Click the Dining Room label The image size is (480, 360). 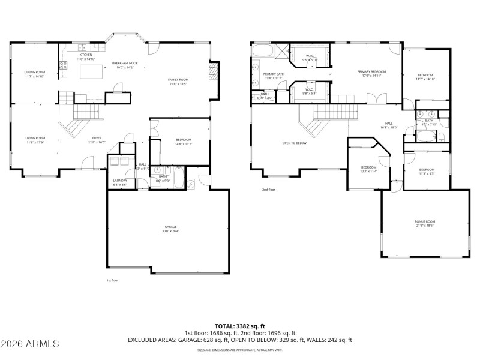click(x=35, y=74)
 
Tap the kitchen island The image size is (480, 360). click(x=91, y=71)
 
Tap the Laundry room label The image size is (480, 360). click(x=119, y=182)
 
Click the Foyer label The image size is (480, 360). click(x=97, y=140)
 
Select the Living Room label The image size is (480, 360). click(x=35, y=140)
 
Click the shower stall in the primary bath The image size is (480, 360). click(x=280, y=51)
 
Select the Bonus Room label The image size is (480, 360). click(x=424, y=223)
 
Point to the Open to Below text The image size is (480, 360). click(x=295, y=143)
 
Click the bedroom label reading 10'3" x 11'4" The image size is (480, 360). click(x=368, y=169)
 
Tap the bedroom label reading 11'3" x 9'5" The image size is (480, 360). click(x=427, y=171)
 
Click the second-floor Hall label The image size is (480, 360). click(x=388, y=125)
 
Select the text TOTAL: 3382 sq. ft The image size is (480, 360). click(x=240, y=326)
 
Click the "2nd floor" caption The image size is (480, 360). click(x=268, y=190)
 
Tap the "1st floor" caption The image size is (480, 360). click(x=112, y=280)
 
